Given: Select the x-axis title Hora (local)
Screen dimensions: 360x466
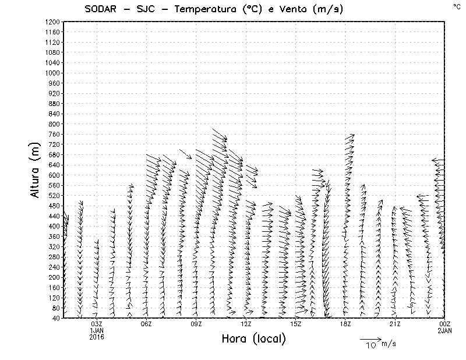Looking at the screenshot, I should (x=253, y=339).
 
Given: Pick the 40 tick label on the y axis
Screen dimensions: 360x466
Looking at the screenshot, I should (x=56, y=318).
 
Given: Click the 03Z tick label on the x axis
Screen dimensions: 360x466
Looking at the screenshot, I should (x=97, y=324).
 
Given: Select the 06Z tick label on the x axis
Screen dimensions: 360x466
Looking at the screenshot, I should (x=146, y=324).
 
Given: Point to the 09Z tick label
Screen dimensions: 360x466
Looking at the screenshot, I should (x=196, y=324).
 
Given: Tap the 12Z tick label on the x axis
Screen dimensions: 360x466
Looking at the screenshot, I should (x=246, y=324).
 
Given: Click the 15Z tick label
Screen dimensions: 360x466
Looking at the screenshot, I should (x=295, y=324).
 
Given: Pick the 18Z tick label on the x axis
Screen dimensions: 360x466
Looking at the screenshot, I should (x=345, y=324).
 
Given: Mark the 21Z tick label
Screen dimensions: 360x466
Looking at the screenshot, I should (x=395, y=324).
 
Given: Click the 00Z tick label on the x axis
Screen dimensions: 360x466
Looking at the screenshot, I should (x=444, y=324).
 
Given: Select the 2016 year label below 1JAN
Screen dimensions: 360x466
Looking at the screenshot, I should (x=97, y=337).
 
